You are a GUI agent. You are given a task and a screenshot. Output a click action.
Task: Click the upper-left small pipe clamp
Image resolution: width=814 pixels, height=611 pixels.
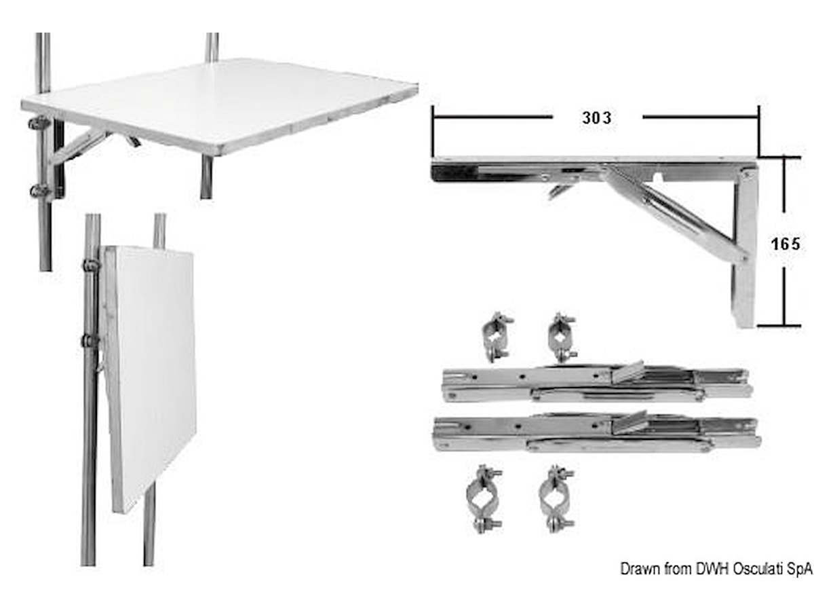coord(497,337)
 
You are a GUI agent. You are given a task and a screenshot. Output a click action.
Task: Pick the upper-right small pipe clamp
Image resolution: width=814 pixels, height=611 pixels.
coord(562,337)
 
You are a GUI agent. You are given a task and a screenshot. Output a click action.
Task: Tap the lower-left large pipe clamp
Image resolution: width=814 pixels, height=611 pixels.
coord(484,500)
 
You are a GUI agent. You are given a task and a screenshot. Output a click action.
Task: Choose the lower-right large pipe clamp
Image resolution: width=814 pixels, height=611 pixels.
coord(556,500)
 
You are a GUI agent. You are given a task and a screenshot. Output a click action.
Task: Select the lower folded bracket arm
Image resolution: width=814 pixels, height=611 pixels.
coord(596,433)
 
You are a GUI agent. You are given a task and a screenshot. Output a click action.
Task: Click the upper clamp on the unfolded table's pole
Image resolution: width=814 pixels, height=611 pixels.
coord(39,123)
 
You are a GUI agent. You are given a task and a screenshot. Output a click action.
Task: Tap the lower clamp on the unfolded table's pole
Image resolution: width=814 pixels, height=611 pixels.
coord(40,191)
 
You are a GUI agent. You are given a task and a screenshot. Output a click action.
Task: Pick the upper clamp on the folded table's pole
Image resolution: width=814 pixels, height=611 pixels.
coord(91,265)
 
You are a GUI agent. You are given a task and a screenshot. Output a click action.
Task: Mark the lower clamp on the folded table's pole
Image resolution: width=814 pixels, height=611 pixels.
coord(90,340)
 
